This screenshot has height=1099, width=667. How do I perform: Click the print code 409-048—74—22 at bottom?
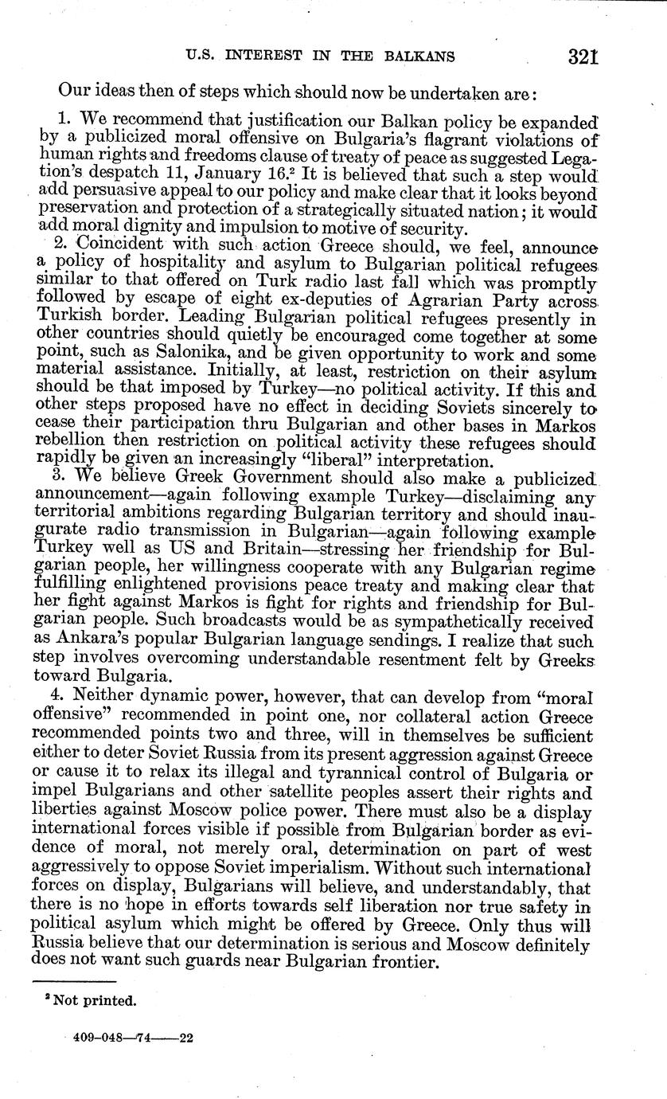(x=127, y=1038)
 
